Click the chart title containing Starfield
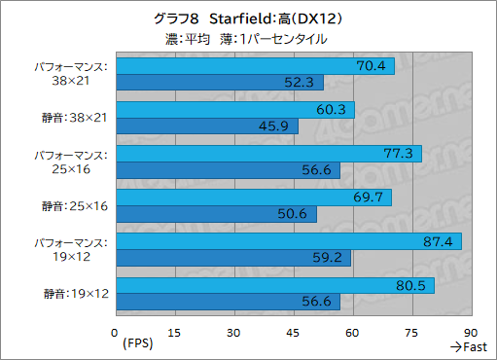248,18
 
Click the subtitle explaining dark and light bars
248,39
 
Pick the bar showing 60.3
233,109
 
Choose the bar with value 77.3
267,154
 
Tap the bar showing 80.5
273,286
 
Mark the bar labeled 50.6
215,214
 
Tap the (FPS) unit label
138,345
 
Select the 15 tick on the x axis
174,331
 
